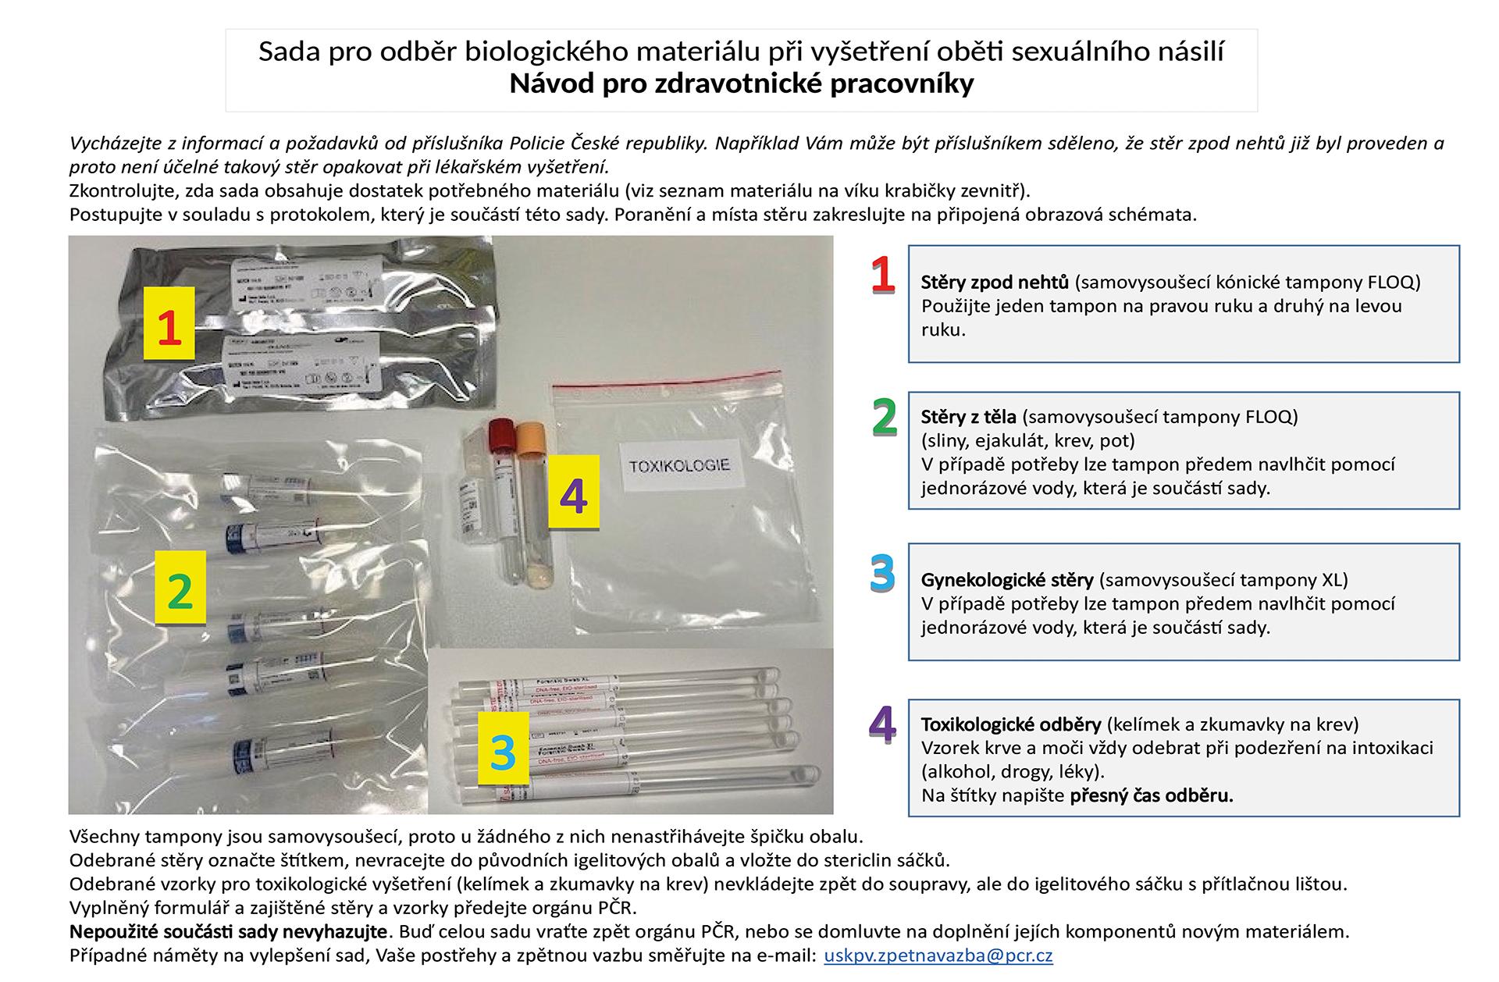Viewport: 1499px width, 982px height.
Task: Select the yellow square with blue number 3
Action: click(503, 749)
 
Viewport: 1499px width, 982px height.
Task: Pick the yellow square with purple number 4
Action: click(573, 493)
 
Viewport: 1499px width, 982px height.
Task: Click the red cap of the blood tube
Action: click(500, 432)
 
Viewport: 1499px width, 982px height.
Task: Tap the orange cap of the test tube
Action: click(530, 435)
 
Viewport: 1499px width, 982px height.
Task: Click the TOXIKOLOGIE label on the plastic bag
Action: click(679, 465)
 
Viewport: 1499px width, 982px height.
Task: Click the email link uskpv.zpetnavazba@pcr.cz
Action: click(938, 955)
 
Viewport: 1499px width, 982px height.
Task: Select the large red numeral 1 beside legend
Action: click(882, 276)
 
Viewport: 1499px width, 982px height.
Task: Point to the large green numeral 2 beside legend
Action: click(884, 417)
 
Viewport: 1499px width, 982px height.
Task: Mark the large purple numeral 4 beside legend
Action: click(882, 724)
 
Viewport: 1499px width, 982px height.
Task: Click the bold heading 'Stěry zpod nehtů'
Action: click(995, 283)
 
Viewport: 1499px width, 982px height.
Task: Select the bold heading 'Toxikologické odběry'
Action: click(1010, 724)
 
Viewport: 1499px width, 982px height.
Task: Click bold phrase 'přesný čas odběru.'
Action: click(1151, 796)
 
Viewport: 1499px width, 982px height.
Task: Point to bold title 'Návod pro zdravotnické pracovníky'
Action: click(741, 84)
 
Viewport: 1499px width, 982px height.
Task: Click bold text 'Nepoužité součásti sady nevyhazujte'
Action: click(228, 931)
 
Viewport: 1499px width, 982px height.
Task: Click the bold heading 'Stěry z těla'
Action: click(968, 417)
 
